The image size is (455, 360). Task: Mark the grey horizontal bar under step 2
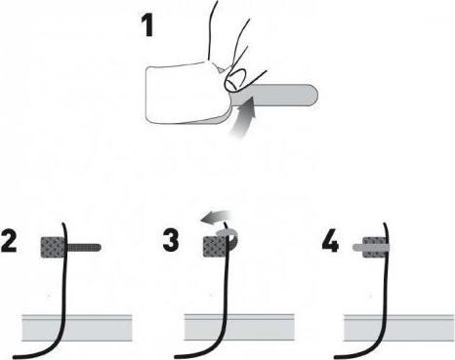pyautogui.click(x=78, y=327)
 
